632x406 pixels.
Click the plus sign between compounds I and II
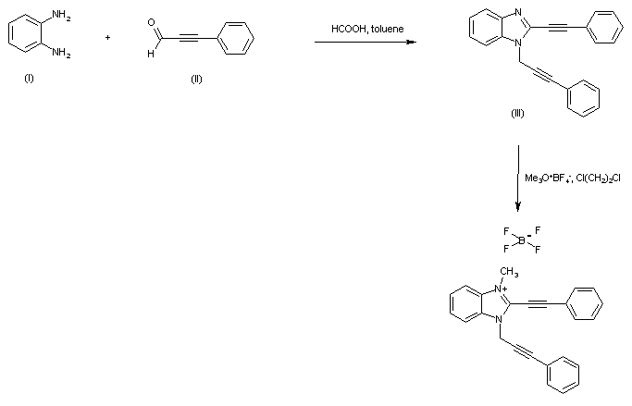pyautogui.click(x=108, y=38)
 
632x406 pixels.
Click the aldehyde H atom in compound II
pyautogui.click(x=150, y=52)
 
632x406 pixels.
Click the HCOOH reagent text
pyautogui.click(x=347, y=30)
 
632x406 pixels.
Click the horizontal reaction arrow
pyautogui.click(x=365, y=42)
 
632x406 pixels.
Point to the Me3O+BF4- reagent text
pyautogui.click(x=548, y=178)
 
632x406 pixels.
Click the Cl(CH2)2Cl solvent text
pyautogui.click(x=599, y=178)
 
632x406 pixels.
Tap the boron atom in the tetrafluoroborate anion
pyautogui.click(x=520, y=239)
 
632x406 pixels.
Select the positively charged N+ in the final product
pyautogui.click(x=501, y=289)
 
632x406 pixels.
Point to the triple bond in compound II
pyautogui.click(x=196, y=38)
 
